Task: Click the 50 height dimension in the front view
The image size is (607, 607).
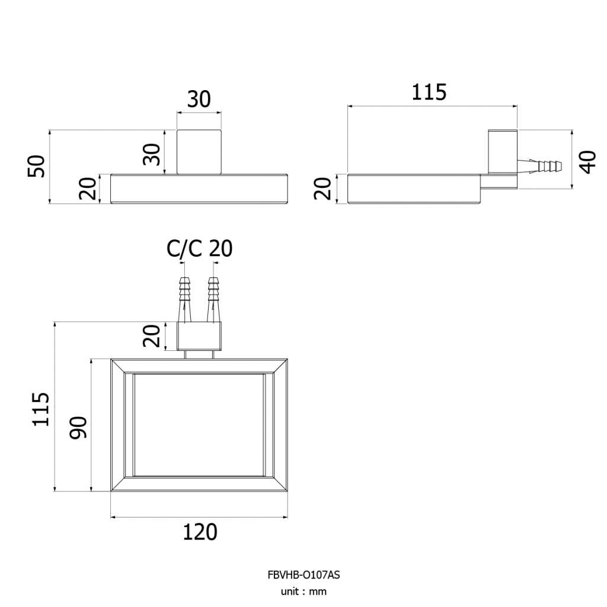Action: point(36,166)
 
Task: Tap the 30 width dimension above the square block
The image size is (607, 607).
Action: point(199,99)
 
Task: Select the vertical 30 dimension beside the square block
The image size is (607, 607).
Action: point(151,154)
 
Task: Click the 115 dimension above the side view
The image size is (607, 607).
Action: point(429,92)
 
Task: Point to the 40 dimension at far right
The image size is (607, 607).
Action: point(588,162)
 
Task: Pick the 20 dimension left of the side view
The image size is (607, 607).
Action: point(322,189)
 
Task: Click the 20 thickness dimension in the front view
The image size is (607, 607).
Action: point(88,189)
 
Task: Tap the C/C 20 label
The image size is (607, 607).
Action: point(199,248)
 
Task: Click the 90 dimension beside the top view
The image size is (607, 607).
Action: point(78,427)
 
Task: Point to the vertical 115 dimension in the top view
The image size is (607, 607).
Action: point(41,409)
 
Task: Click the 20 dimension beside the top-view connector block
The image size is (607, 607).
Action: point(151,336)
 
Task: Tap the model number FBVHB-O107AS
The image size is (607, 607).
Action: point(303,575)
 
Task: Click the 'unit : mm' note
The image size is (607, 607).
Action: point(303,592)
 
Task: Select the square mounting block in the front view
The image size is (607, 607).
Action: point(199,152)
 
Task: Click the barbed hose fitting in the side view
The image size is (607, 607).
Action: point(539,165)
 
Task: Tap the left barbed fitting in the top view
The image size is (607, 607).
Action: point(185,299)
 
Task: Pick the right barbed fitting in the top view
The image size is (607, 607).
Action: point(213,299)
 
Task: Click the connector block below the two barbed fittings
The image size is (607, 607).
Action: point(199,336)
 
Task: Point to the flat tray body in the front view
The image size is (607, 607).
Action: point(199,189)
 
